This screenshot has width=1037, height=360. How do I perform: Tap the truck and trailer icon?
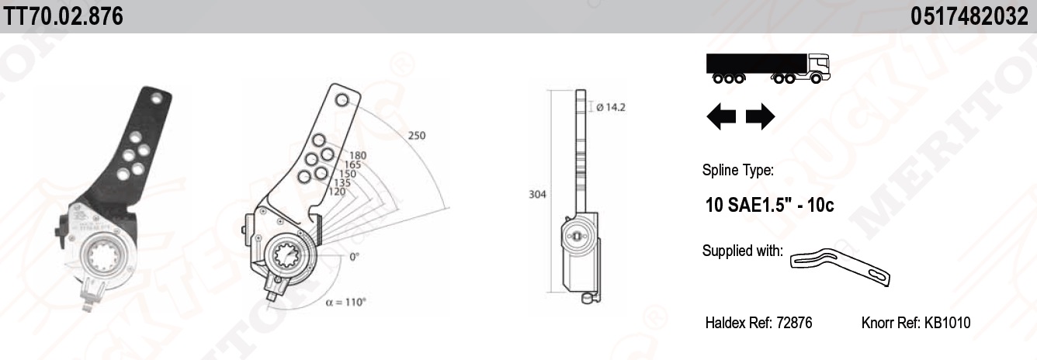pyautogui.click(x=767, y=67)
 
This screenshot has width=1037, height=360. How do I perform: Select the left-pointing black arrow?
pyautogui.click(x=721, y=117)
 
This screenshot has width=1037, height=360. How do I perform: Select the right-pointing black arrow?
pyautogui.click(x=760, y=117)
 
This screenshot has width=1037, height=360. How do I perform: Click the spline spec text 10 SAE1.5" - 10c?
pyautogui.click(x=769, y=206)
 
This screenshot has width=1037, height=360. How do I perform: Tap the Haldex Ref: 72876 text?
pyautogui.click(x=758, y=323)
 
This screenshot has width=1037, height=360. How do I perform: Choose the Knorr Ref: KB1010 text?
pyautogui.click(x=916, y=323)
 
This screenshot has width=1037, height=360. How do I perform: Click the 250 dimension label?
pyautogui.click(x=417, y=136)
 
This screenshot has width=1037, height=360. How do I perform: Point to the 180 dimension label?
pyautogui.click(x=358, y=156)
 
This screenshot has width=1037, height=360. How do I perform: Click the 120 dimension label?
pyautogui.click(x=337, y=192)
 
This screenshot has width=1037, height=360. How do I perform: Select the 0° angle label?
pyautogui.click(x=354, y=257)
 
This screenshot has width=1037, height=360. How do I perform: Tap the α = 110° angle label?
pyautogui.click(x=345, y=303)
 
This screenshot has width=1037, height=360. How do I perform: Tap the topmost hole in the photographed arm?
pyautogui.click(x=158, y=98)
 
